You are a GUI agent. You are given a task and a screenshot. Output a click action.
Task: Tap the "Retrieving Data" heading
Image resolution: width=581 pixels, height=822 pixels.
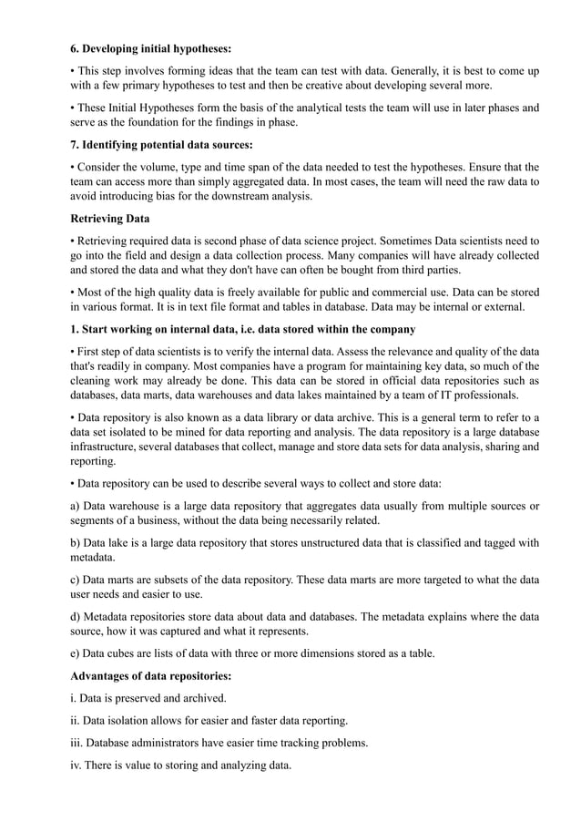coord(117,219)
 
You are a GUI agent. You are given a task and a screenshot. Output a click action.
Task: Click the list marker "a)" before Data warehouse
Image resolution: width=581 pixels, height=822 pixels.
coord(76,506)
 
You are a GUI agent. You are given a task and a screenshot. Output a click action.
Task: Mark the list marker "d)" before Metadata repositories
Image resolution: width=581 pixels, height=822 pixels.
coord(76,616)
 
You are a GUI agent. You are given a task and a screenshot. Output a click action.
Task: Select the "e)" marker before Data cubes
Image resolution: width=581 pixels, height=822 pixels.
coord(76,652)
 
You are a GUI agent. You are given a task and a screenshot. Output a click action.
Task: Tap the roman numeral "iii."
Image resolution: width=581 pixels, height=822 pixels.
coord(78,743)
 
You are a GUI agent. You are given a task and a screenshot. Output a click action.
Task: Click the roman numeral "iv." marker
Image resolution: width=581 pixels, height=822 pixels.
coord(78,765)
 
